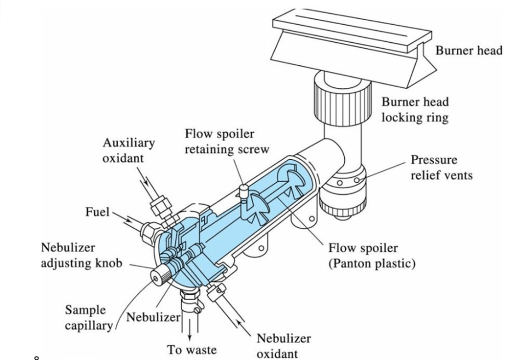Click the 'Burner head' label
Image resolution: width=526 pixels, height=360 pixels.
point(468,51)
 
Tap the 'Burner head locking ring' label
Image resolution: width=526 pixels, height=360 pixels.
point(415,110)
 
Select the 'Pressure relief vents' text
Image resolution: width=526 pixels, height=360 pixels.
point(441,168)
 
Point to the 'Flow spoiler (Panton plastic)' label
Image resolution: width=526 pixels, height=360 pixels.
point(372,256)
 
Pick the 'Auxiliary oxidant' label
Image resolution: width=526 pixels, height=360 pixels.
point(128,149)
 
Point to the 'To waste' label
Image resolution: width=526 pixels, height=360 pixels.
point(192,349)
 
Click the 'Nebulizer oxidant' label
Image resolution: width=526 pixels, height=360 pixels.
point(283,345)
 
